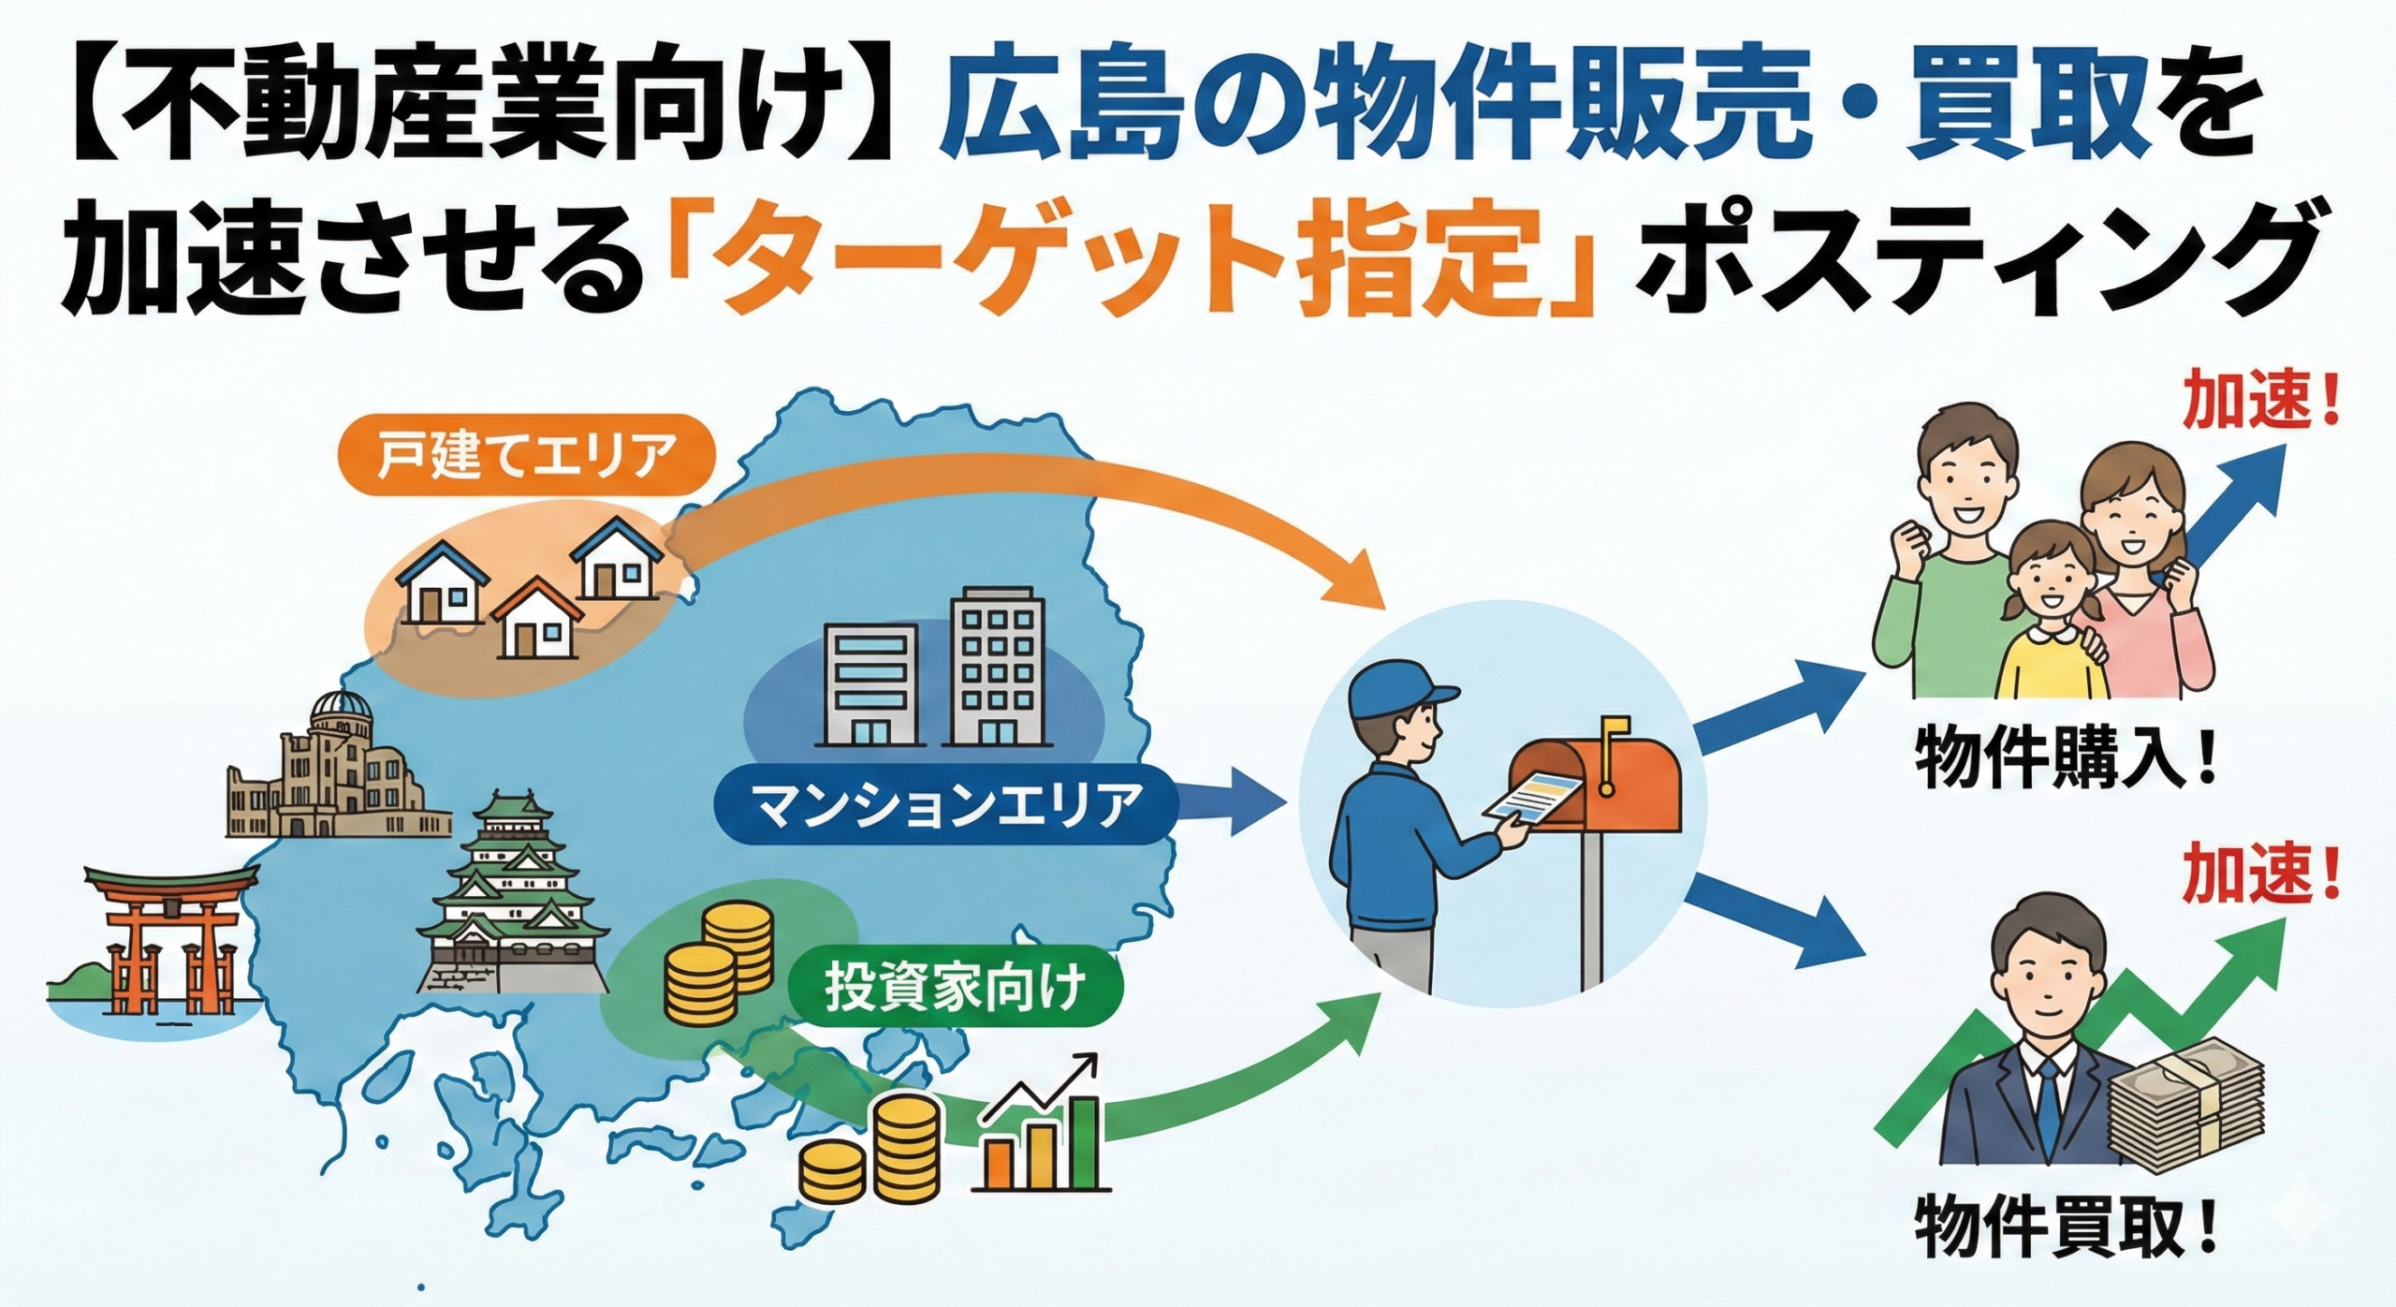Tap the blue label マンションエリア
point(946,805)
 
